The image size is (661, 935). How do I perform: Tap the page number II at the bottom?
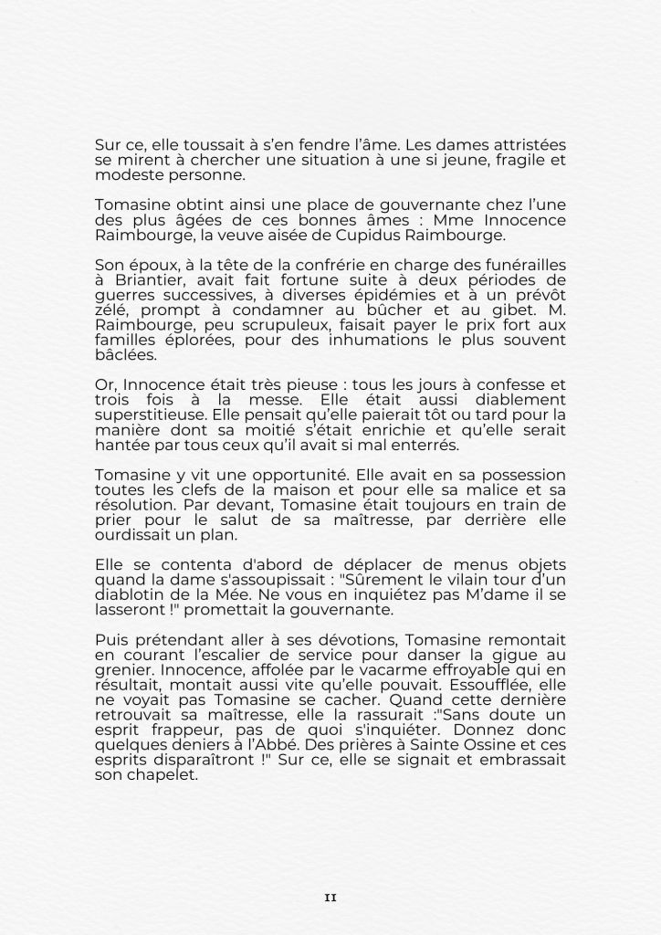[330, 898]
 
